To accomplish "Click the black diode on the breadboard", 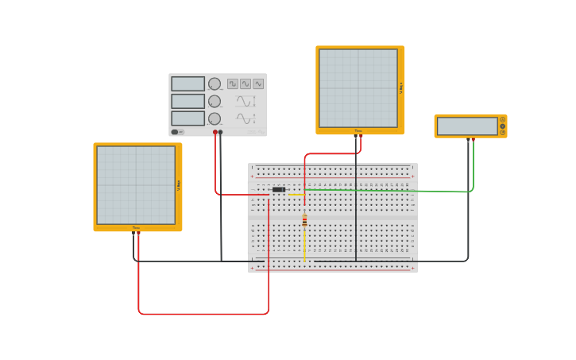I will pyautogui.click(x=278, y=190).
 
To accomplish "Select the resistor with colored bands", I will pyautogui.click(x=304, y=221).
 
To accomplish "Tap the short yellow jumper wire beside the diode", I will pyautogui.click(x=296, y=194).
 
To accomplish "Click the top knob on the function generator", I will pyautogui.click(x=215, y=83).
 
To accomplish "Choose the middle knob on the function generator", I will pyautogui.click(x=215, y=101).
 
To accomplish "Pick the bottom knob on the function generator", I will pyautogui.click(x=215, y=118).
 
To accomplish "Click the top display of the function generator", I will pyautogui.click(x=187, y=83).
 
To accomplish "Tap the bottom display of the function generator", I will pyautogui.click(x=187, y=118).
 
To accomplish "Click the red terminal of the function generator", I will pyautogui.click(x=215, y=132).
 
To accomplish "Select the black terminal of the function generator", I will pyautogui.click(x=220, y=132).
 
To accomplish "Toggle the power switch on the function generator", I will pyautogui.click(x=177, y=132).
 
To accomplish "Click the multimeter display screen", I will pyautogui.click(x=467, y=126).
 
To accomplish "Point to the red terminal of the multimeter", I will pyautogui.click(x=474, y=139).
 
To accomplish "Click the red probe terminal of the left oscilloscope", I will pyautogui.click(x=138, y=233).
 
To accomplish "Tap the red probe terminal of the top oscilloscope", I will pyautogui.click(x=361, y=136).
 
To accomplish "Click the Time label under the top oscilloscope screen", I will pyautogui.click(x=358, y=131).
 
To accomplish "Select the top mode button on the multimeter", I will pyautogui.click(x=502, y=119).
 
